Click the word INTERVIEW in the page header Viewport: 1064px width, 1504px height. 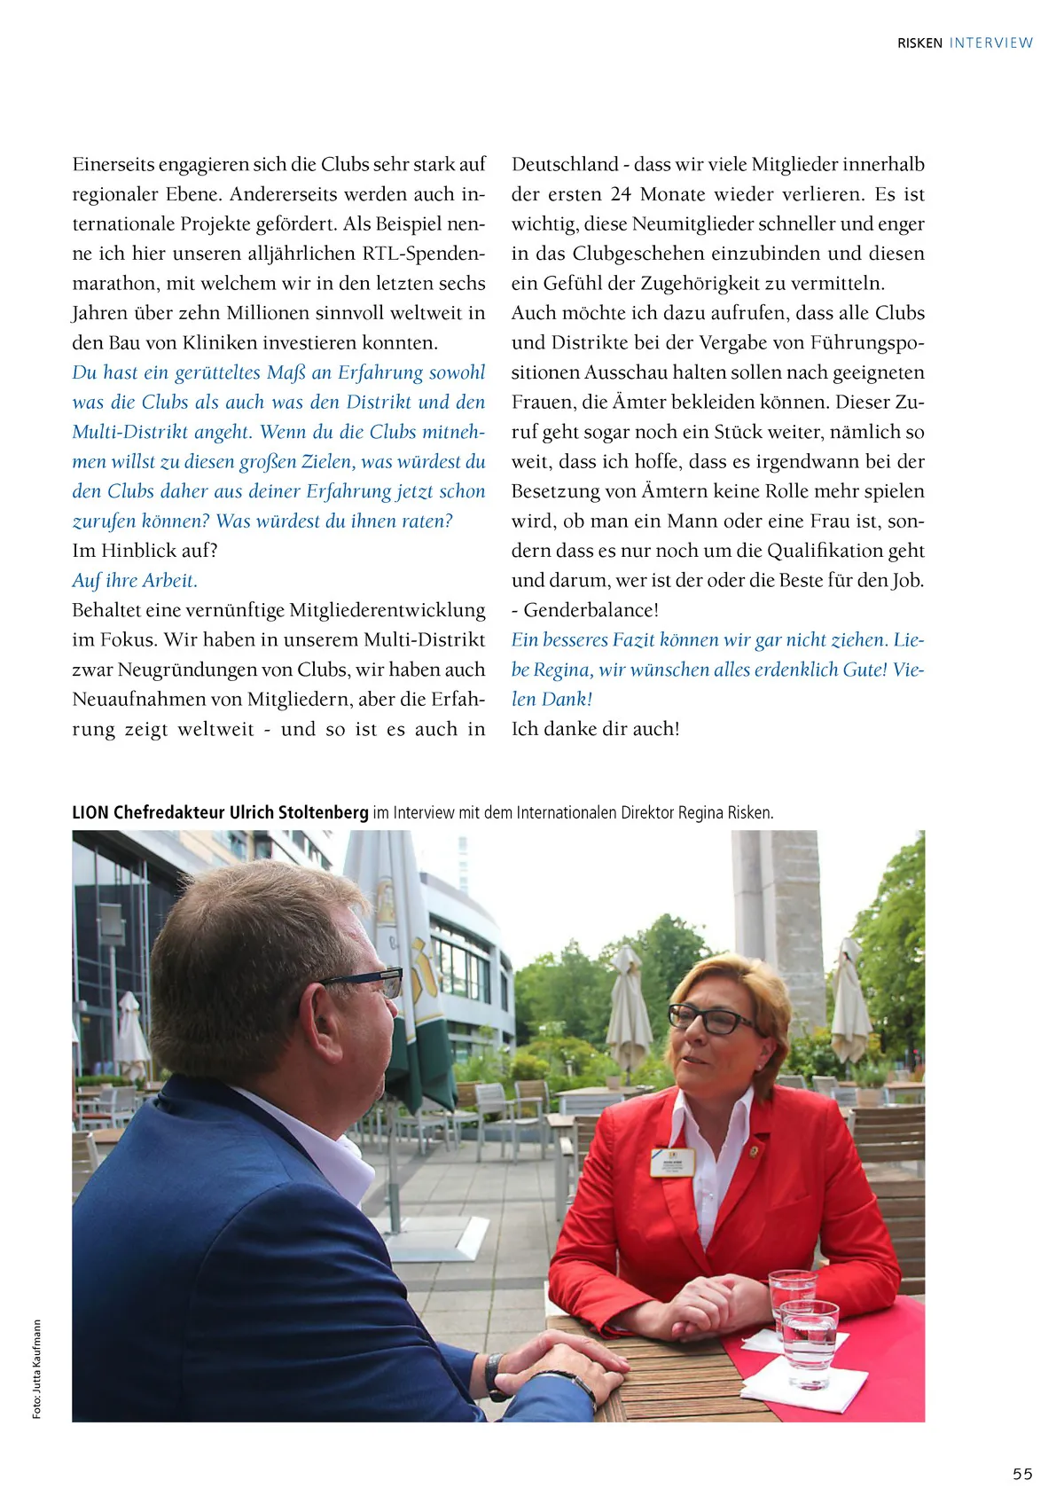[x=990, y=43]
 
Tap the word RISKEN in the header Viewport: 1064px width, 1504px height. [x=919, y=43]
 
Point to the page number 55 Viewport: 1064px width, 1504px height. [x=1022, y=1473]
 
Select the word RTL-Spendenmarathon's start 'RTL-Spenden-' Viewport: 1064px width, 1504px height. [x=424, y=254]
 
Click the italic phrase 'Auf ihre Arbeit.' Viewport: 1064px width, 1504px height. [x=135, y=581]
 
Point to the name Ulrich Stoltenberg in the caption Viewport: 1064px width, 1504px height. [x=298, y=812]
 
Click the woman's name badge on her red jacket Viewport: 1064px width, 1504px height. [x=672, y=1160]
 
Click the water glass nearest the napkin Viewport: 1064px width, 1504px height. [x=809, y=1341]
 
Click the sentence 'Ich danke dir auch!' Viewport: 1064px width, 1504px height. [x=596, y=729]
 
